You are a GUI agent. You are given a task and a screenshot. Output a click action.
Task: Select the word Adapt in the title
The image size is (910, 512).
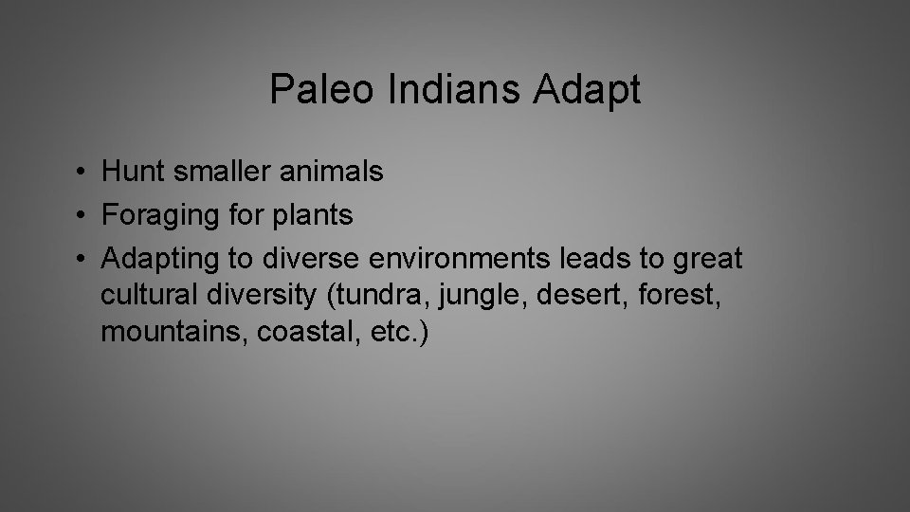tap(588, 91)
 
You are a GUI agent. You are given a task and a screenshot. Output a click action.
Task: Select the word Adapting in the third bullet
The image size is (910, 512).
tap(159, 259)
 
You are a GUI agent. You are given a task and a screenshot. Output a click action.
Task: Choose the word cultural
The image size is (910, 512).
tap(147, 296)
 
